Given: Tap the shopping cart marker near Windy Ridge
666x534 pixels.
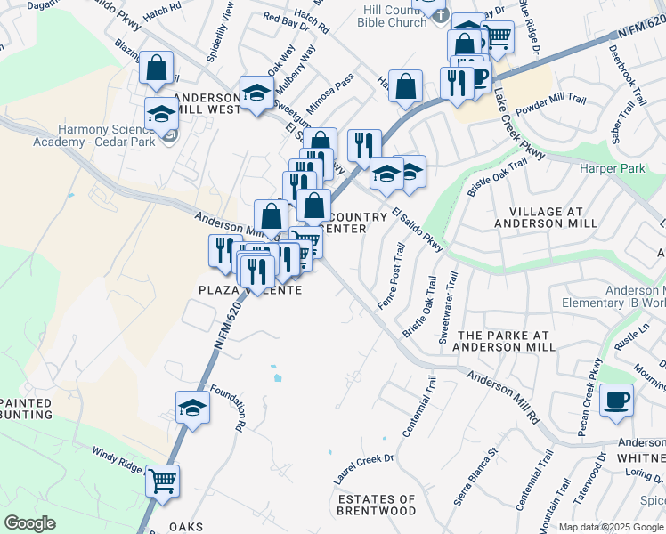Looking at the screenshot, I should pos(162,481).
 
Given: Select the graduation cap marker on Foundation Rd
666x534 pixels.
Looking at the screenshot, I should pos(192,408).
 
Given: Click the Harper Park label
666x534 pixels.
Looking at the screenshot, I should pos(612,168).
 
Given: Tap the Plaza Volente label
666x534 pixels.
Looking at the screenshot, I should pos(249,290).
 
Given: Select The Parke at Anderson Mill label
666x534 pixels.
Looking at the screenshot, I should pos(506,341).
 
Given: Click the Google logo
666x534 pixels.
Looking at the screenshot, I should pos(30,523).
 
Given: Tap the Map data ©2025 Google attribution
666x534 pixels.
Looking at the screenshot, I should pos(612,527).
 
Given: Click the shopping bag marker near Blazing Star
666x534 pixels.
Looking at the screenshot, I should pos(157,69).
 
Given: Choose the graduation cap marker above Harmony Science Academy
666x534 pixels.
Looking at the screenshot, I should pos(161,114).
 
